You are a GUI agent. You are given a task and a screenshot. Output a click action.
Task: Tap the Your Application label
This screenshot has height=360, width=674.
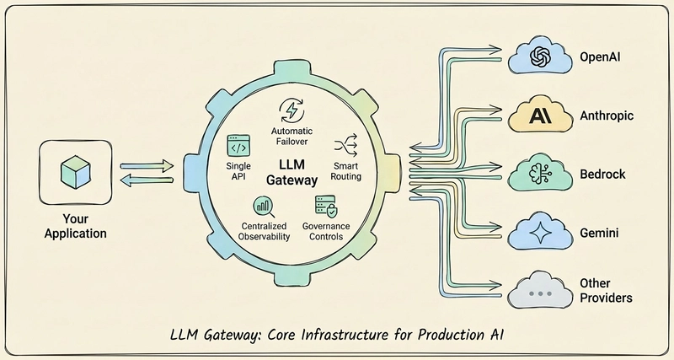74,226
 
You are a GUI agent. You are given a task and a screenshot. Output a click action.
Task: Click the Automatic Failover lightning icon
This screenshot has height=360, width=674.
291,110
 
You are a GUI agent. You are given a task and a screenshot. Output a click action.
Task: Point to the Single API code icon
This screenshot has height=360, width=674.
238,148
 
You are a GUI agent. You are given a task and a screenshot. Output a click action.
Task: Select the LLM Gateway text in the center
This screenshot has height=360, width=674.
292,173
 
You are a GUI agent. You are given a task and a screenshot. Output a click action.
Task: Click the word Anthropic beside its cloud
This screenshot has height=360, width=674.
607,116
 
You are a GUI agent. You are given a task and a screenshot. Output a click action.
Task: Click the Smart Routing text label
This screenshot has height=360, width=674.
346,170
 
